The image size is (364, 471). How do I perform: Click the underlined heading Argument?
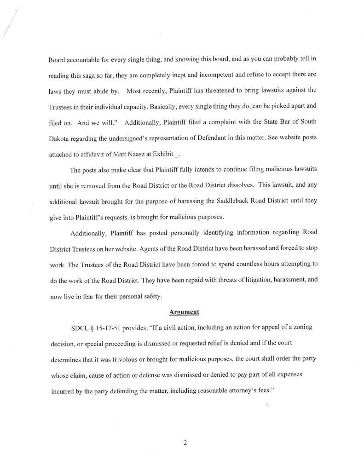(x=184, y=312)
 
